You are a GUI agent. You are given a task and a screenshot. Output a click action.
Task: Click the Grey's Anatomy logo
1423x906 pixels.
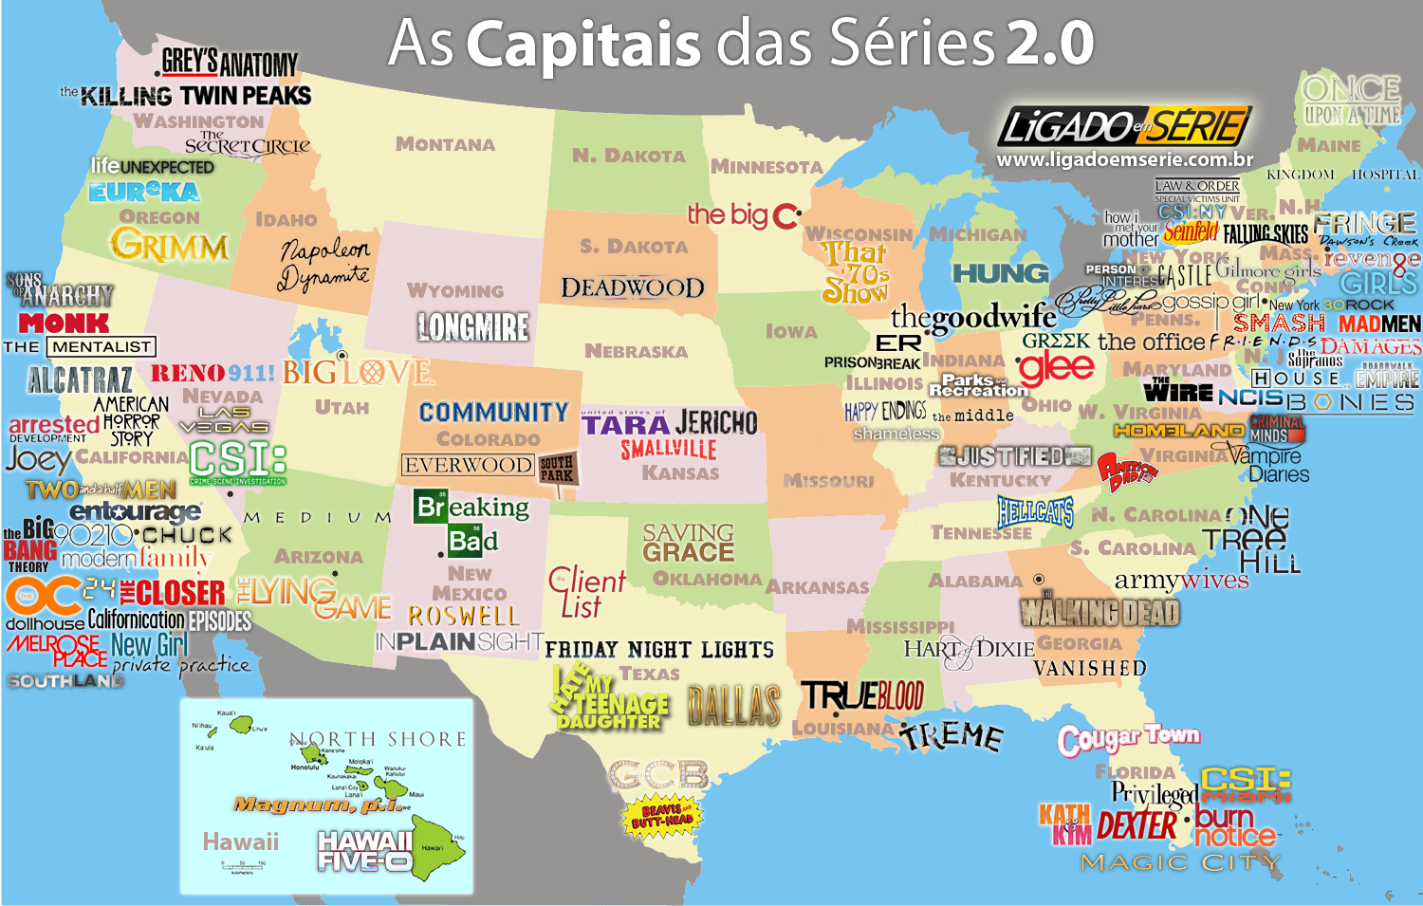point(229,64)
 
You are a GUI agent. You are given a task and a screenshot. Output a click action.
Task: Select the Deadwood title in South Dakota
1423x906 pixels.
point(632,287)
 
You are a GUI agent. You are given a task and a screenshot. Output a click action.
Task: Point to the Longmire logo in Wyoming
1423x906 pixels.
point(472,327)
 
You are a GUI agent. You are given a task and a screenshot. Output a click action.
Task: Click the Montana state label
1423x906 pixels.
point(445,144)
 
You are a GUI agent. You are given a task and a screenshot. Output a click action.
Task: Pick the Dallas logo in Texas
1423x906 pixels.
point(734,706)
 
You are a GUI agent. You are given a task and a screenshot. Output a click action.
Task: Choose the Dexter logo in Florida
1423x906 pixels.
point(1137,825)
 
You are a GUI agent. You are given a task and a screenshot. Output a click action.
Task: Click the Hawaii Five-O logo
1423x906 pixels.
point(365,851)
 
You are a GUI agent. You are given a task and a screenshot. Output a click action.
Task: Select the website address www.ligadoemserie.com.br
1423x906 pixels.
point(1124,160)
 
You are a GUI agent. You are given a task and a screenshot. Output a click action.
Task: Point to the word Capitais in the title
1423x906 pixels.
point(583,44)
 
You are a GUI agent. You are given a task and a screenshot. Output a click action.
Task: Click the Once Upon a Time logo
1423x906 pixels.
point(1352,101)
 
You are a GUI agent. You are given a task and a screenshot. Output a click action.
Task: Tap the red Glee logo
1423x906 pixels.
point(1056,366)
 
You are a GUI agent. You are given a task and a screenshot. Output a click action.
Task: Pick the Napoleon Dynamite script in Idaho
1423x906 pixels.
point(323,264)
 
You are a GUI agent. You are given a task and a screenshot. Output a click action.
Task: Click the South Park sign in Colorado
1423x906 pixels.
point(557,469)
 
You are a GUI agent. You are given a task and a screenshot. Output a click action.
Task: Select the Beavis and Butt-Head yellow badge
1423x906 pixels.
point(661,816)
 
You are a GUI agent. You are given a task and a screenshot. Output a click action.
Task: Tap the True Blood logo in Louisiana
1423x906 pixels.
point(862,696)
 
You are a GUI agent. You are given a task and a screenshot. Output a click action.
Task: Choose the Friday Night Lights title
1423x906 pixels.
point(659,650)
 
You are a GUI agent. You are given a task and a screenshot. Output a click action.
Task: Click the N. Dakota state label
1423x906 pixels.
point(628,156)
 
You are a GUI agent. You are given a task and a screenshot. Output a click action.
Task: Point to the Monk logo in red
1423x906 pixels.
point(64,324)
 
